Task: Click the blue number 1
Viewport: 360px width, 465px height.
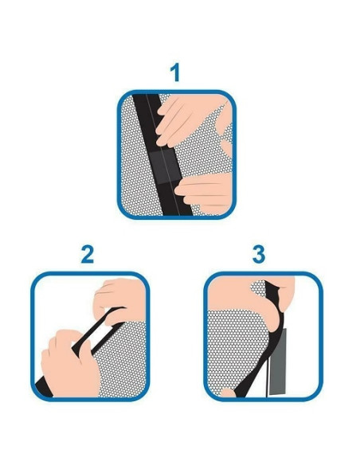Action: (x=175, y=72)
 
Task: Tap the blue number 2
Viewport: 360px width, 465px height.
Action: (x=87, y=255)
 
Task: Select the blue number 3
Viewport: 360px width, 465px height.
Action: (x=259, y=255)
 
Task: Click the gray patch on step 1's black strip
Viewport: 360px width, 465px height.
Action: (x=165, y=167)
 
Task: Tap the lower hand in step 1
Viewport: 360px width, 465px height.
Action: (x=205, y=193)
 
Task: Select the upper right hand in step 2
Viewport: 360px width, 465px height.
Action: (x=120, y=299)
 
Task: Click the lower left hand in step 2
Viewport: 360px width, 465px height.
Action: (x=69, y=365)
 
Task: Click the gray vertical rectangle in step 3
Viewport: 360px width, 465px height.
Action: (x=277, y=361)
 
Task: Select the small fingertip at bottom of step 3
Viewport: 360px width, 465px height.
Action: (x=228, y=393)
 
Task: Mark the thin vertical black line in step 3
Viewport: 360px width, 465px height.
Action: (x=267, y=377)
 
